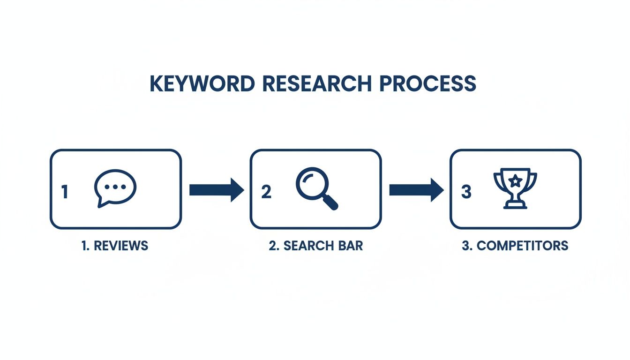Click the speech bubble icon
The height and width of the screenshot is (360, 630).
tap(115, 188)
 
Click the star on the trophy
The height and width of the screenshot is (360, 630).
tap(515, 179)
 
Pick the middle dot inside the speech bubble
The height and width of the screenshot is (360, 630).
tap(116, 186)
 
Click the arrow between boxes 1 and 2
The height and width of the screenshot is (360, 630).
tap(216, 189)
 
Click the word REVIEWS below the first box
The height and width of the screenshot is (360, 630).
tap(121, 246)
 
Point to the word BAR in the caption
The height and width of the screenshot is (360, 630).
tap(352, 246)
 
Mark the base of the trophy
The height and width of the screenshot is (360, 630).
tap(515, 205)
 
